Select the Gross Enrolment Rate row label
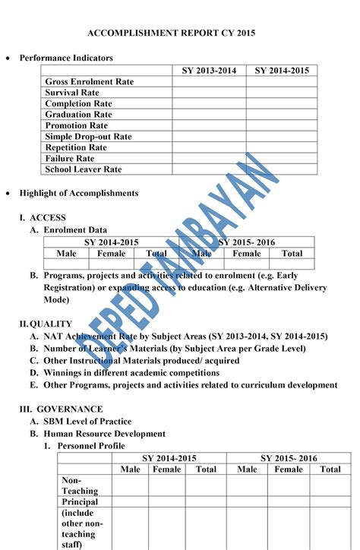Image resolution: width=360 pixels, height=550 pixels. click(x=89, y=81)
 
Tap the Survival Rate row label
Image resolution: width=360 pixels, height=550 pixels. click(x=71, y=93)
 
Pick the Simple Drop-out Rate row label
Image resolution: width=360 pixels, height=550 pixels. click(x=88, y=137)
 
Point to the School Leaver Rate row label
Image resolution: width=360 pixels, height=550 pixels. click(x=83, y=169)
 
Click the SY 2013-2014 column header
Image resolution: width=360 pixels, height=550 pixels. click(x=209, y=71)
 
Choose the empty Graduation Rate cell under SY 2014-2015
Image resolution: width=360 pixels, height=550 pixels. click(x=281, y=115)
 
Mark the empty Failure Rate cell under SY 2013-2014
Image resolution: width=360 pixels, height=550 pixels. click(x=209, y=159)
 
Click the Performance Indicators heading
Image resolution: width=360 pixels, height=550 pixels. click(x=66, y=58)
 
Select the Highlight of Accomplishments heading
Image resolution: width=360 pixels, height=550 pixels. click(x=79, y=193)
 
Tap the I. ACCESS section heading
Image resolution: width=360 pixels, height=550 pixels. click(x=43, y=217)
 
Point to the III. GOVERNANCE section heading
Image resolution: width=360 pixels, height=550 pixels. click(x=61, y=409)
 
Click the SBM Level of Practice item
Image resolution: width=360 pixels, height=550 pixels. click(x=87, y=422)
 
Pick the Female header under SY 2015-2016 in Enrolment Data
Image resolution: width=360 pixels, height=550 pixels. click(x=247, y=254)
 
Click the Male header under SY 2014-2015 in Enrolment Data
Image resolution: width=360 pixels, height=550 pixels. click(x=66, y=254)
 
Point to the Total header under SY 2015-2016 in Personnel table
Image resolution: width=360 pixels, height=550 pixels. click(x=330, y=469)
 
